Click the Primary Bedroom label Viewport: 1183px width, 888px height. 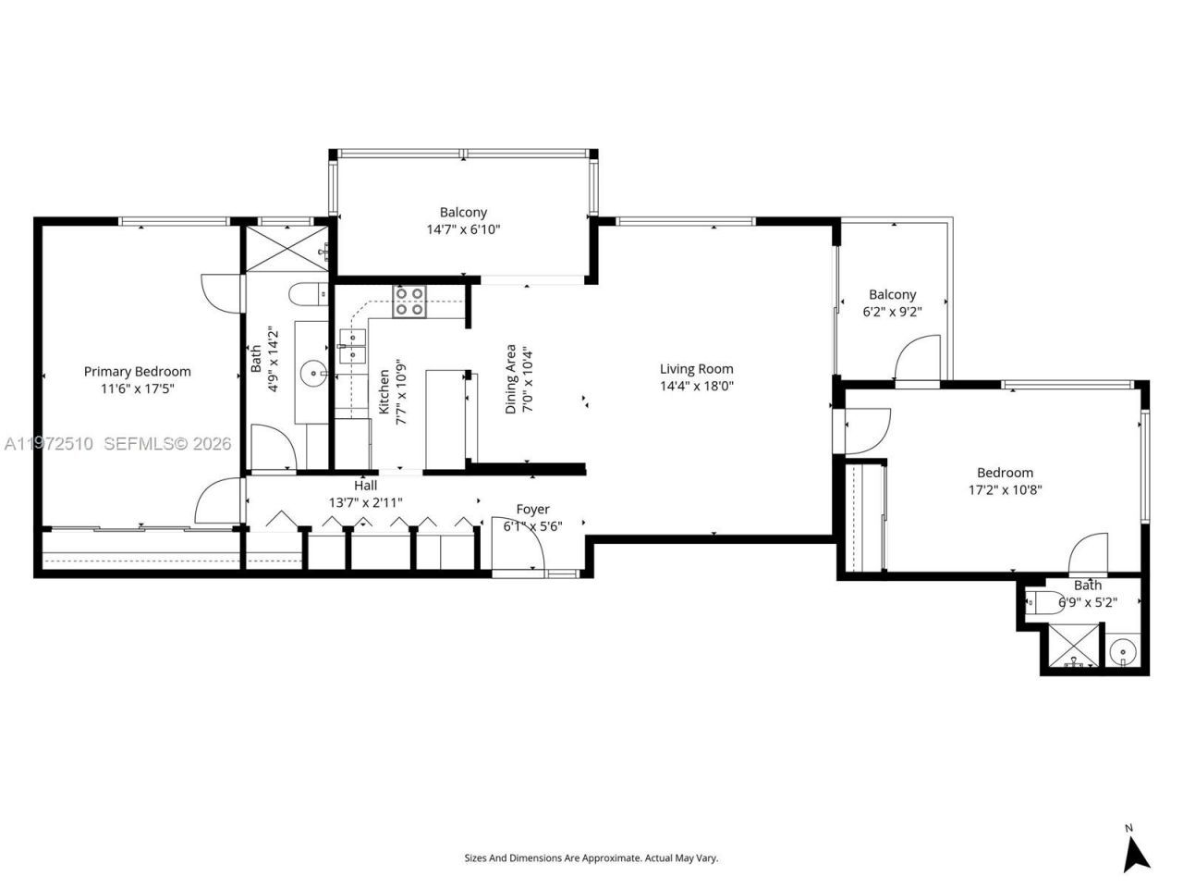pyautogui.click(x=137, y=372)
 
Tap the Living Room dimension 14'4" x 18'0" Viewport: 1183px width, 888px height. pyautogui.click(x=696, y=387)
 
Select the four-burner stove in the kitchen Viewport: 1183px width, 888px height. pyautogui.click(x=409, y=302)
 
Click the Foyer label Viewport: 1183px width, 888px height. pyautogui.click(x=532, y=510)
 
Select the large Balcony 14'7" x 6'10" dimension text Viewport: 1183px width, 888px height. pyautogui.click(x=463, y=230)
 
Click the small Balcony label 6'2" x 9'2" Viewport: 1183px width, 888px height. pyautogui.click(x=892, y=294)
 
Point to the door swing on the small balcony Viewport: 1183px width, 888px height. pyautogui.click(x=920, y=359)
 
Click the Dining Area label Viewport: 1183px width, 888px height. pyautogui.click(x=510, y=379)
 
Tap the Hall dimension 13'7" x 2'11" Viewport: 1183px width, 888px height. pyautogui.click(x=365, y=502)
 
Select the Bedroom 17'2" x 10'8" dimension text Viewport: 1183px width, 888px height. pyautogui.click(x=1006, y=490)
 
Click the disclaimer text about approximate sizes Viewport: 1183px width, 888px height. pyautogui.click(x=591, y=858)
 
